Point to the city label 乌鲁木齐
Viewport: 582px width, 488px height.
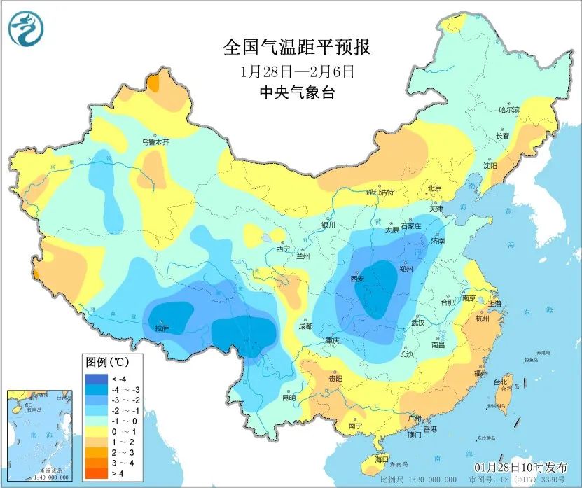tap(156, 141)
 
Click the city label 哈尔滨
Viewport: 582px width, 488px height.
tap(508, 110)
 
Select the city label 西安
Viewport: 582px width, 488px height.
tap(358, 279)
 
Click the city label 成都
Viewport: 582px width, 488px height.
tap(305, 326)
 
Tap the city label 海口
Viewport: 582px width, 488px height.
tap(381, 459)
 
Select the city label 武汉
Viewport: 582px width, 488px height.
tap(419, 323)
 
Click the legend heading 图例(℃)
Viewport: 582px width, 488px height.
tap(105, 363)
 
